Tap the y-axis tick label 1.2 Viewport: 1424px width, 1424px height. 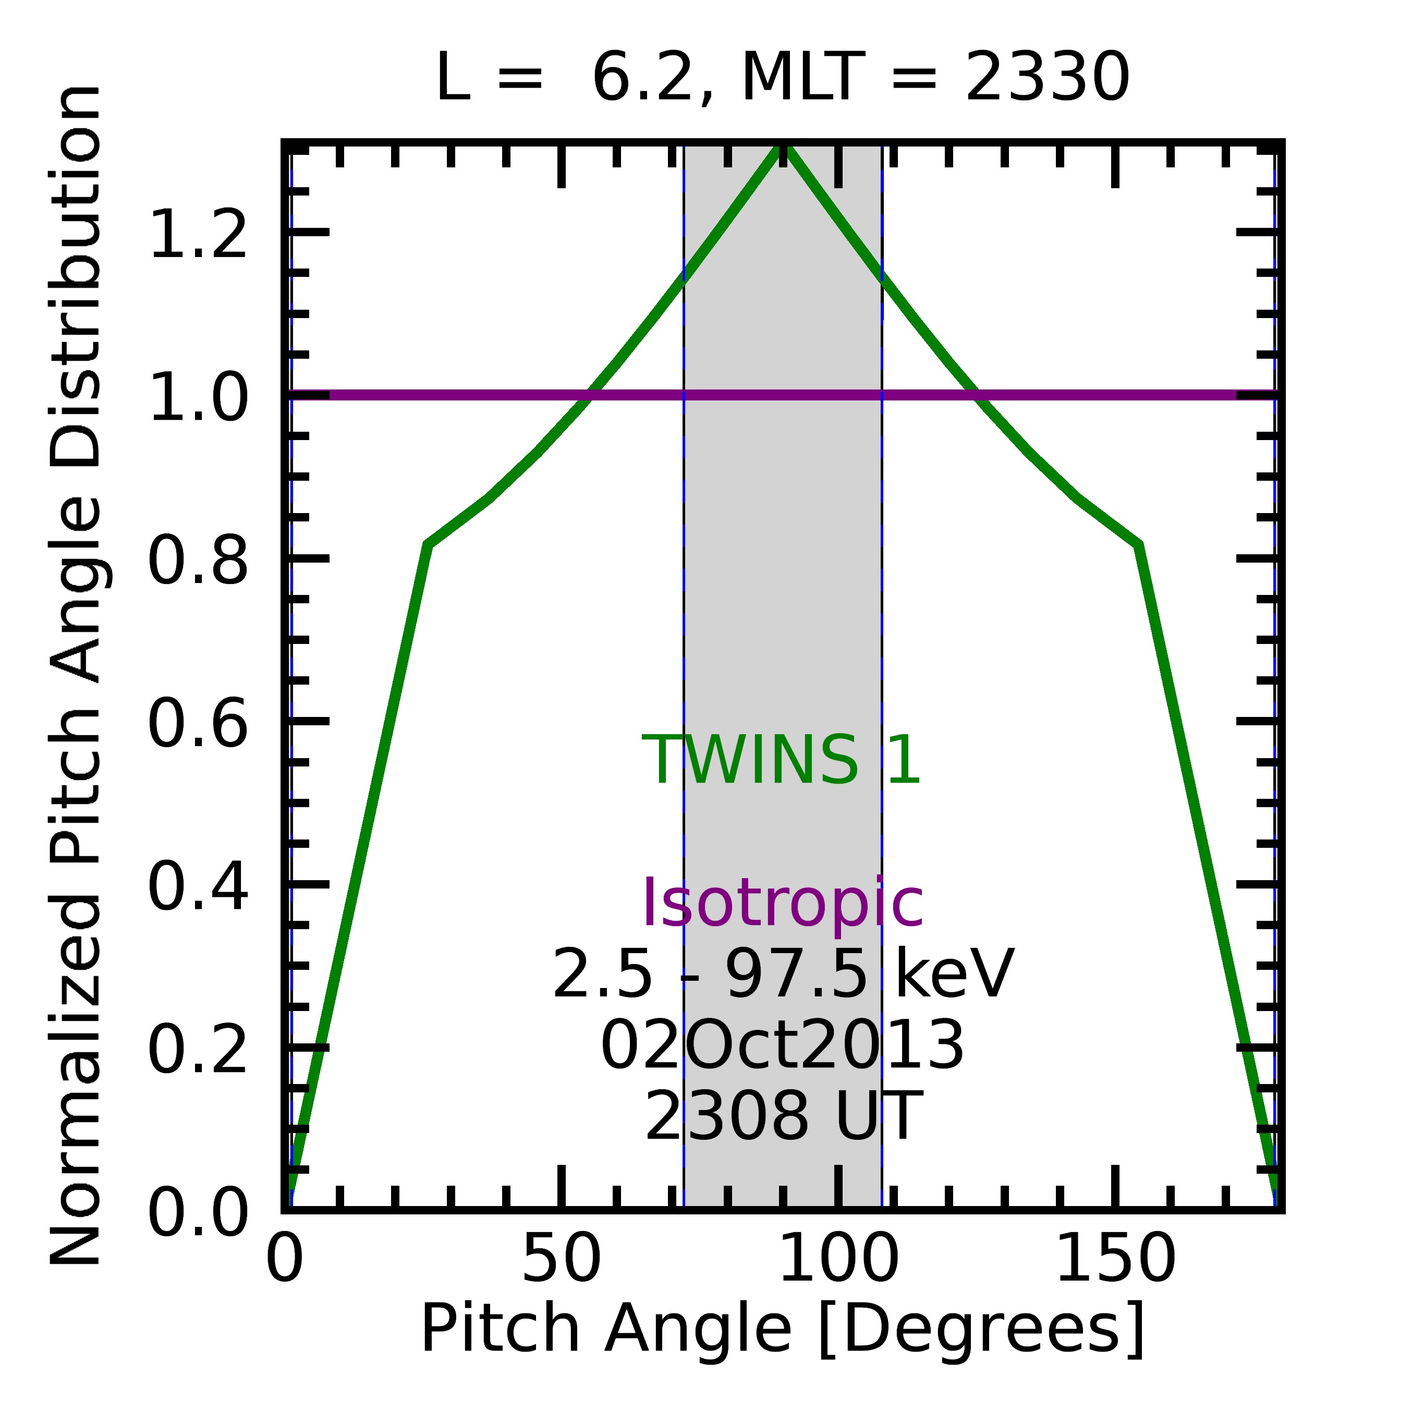[198, 235]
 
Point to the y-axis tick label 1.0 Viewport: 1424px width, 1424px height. [198, 397]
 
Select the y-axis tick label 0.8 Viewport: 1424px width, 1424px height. [198, 561]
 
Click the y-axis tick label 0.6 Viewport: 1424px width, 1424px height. [198, 725]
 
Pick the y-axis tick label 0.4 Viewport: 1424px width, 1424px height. [198, 888]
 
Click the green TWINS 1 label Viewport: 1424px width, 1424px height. [781, 761]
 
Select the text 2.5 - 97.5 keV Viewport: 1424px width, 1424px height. [783, 975]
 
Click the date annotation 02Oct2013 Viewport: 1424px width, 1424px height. [783, 1046]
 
